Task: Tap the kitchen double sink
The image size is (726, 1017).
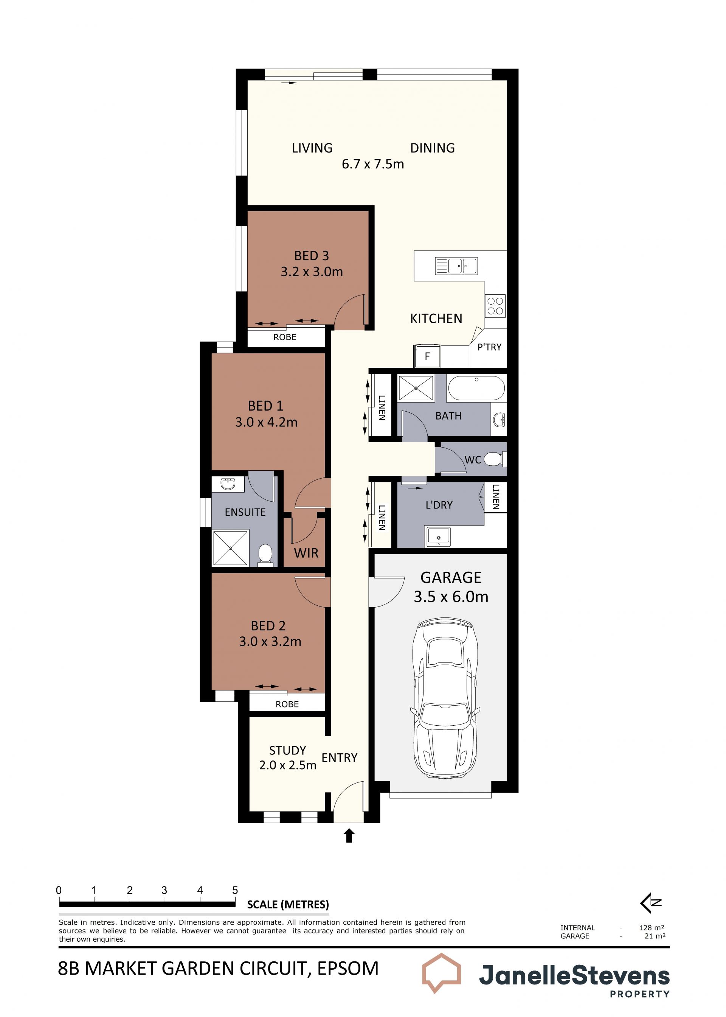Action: [x=456, y=266]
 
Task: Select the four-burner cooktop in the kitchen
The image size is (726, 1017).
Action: [x=495, y=306]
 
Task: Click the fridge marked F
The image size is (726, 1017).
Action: [x=427, y=356]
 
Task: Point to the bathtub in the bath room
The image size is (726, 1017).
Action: [x=476, y=388]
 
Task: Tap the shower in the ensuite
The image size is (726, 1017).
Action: [x=230, y=548]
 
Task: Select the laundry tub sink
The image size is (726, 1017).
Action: [x=438, y=536]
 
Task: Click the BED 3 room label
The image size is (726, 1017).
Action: [x=312, y=256]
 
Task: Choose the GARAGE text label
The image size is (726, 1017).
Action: [x=451, y=577]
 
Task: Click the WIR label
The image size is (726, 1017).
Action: [x=306, y=553]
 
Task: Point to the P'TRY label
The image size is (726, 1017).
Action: [x=490, y=347]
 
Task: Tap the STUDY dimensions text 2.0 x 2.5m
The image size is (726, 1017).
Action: [x=287, y=765]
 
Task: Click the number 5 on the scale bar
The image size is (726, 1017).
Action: [x=235, y=890]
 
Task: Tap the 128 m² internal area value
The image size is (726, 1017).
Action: [x=652, y=928]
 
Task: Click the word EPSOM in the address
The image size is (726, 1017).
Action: [x=348, y=969]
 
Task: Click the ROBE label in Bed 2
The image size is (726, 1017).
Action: [x=287, y=704]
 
